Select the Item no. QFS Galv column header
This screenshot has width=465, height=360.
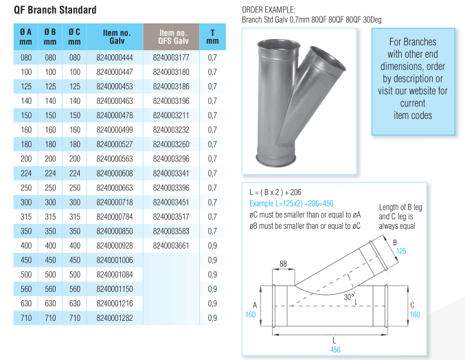172,36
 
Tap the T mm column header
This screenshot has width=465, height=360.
212,36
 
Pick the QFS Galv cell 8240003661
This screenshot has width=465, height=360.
172,245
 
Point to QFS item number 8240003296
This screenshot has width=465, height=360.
172,159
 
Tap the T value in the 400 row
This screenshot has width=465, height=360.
212,245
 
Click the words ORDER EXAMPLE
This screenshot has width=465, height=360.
269,10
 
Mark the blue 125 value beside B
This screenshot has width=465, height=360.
401,251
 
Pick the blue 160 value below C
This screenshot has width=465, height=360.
414,315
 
